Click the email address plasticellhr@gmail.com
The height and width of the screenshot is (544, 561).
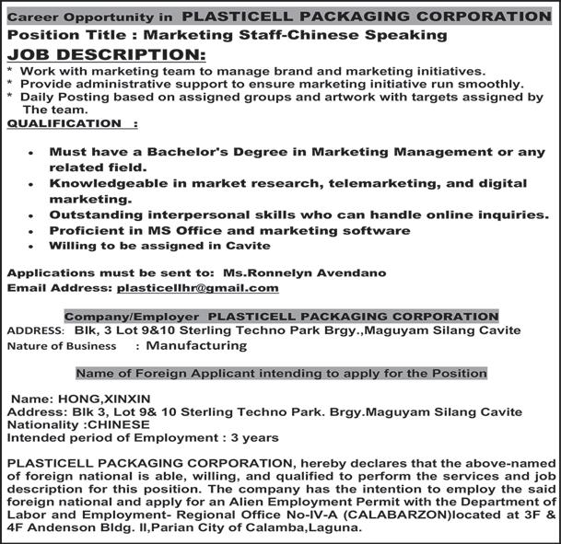tap(196, 288)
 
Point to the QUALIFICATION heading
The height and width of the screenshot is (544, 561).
tap(65, 122)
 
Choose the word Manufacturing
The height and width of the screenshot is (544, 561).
tap(196, 346)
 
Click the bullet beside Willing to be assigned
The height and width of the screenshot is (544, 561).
tap(32, 247)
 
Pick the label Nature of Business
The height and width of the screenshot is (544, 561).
tap(62, 346)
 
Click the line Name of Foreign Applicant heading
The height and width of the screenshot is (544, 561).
tap(281, 374)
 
